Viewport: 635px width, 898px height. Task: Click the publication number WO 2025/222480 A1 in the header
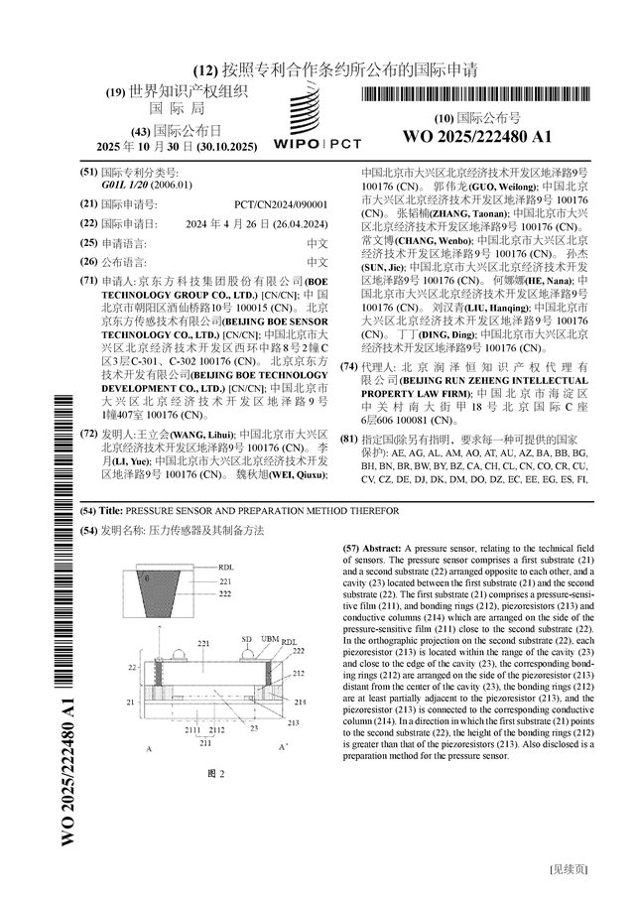click(x=476, y=136)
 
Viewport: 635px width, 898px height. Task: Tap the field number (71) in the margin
click(x=88, y=282)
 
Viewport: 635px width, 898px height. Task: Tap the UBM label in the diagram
click(x=268, y=639)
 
